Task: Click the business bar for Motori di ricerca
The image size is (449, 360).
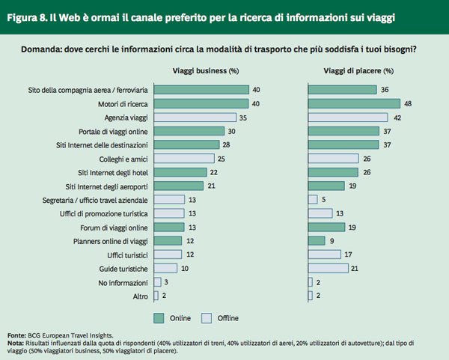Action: pyautogui.click(x=201, y=103)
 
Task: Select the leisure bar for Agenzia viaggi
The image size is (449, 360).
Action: pyautogui.click(x=348, y=118)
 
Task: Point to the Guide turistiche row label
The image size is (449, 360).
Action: pyautogui.click(x=124, y=268)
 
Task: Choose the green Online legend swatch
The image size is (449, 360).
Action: pyautogui.click(x=158, y=316)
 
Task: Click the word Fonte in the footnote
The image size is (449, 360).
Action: pyautogui.click(x=16, y=334)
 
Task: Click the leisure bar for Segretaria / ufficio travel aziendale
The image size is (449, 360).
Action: pyautogui.click(x=312, y=200)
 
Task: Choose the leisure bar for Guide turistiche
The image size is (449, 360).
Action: pyautogui.click(x=328, y=268)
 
